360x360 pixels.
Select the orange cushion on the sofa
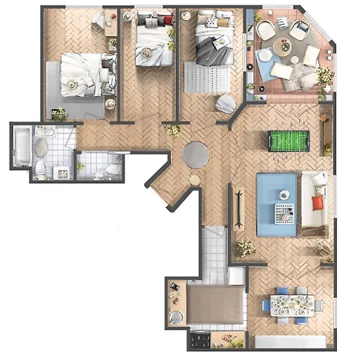[318, 202]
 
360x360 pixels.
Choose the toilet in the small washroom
[99, 170]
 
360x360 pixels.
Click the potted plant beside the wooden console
[245, 249]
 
